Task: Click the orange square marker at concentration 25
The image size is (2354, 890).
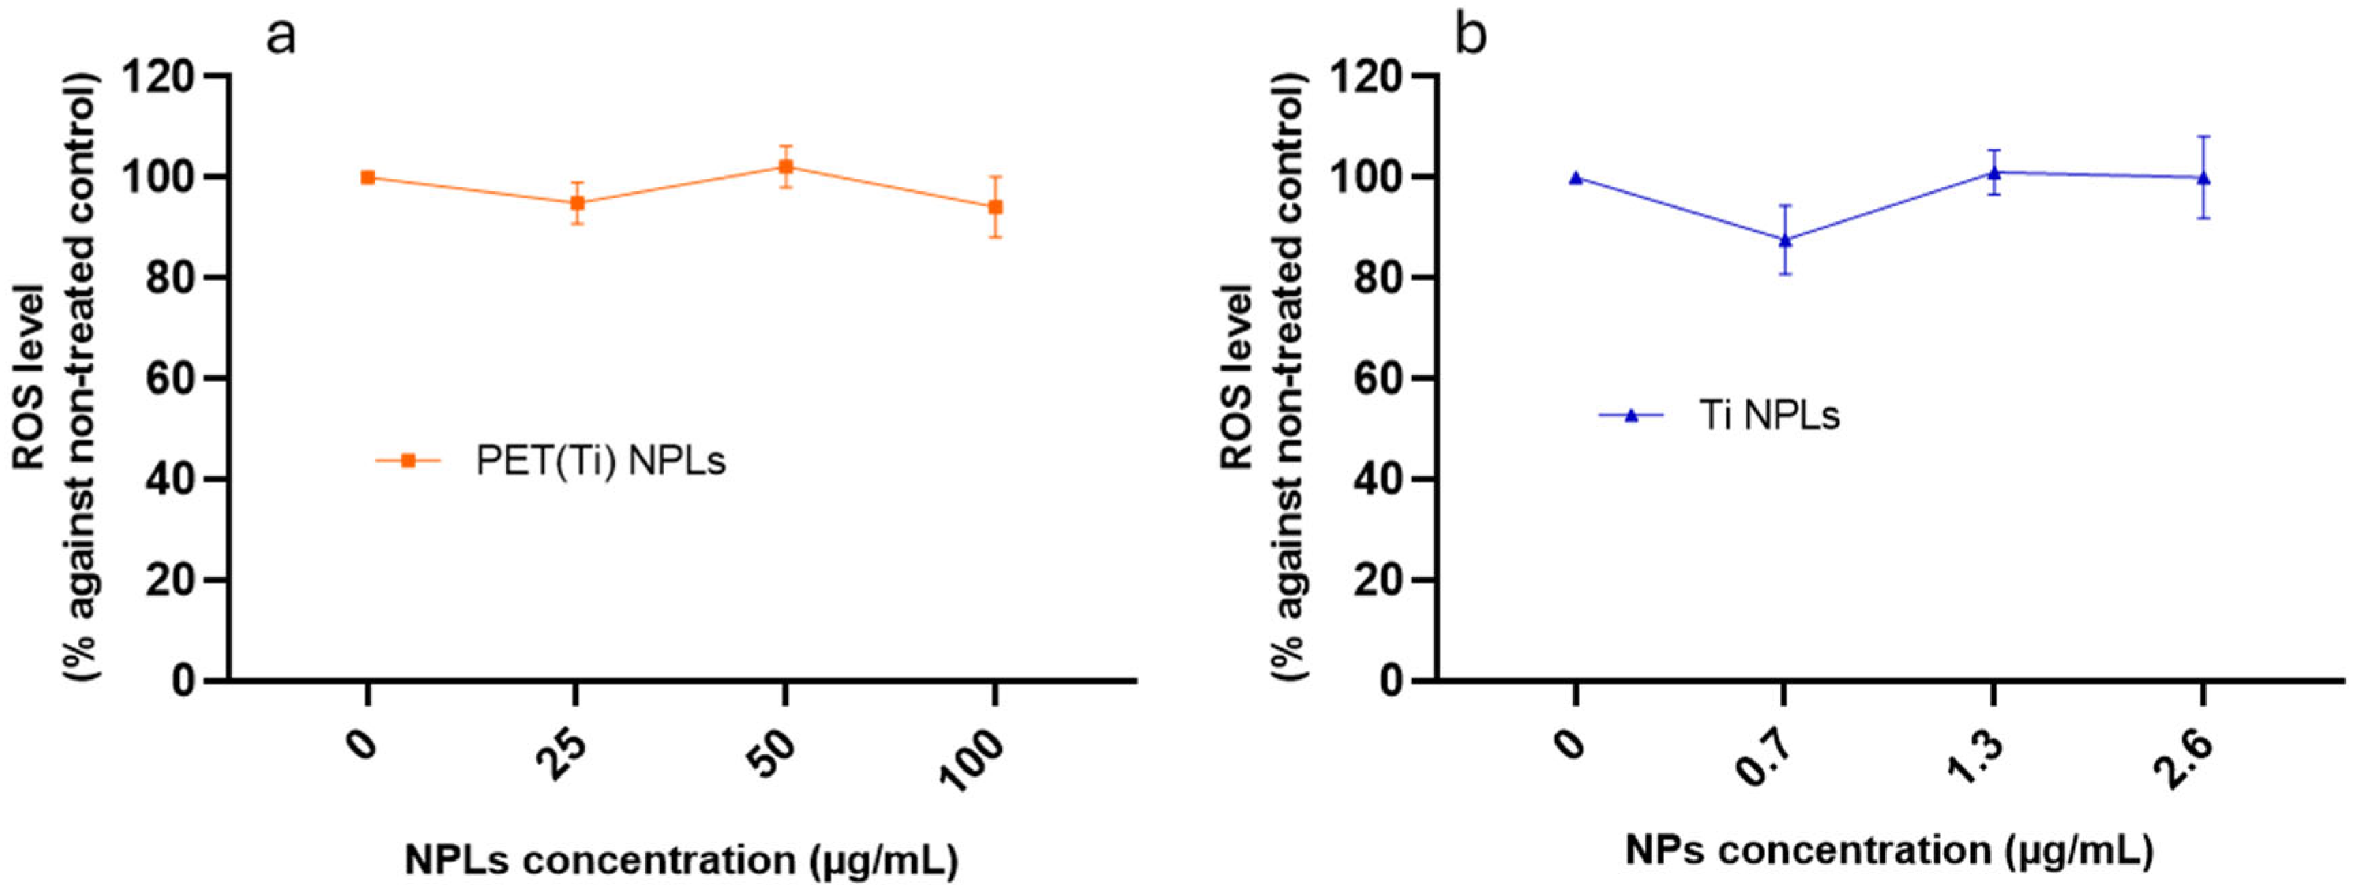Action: pyautogui.click(x=576, y=203)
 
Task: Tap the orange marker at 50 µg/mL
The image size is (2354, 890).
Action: pyautogui.click(x=785, y=166)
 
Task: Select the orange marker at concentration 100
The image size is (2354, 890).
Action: pyautogui.click(x=995, y=207)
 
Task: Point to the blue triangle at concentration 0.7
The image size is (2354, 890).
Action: pyautogui.click(x=1783, y=239)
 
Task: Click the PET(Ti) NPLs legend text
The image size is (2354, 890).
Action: pyautogui.click(x=600, y=461)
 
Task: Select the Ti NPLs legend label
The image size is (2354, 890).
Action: pyautogui.click(x=1768, y=416)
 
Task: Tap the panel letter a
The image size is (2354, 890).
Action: pyautogui.click(x=281, y=37)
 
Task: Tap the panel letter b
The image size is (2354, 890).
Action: pyautogui.click(x=1470, y=37)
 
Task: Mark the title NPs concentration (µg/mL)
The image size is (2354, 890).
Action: pyautogui.click(x=1889, y=850)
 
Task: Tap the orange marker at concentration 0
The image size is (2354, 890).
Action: pyautogui.click(x=367, y=177)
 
